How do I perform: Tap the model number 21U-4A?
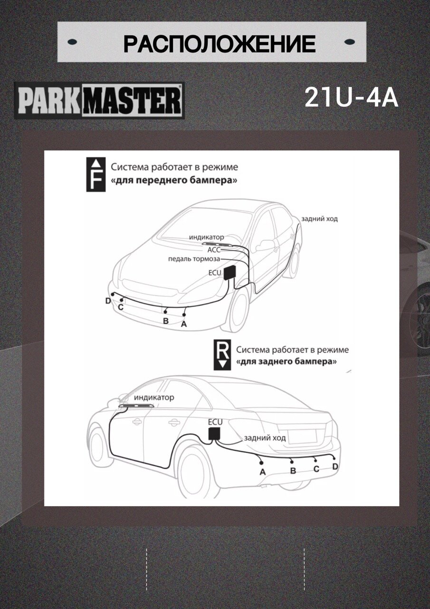pyautogui.click(x=351, y=98)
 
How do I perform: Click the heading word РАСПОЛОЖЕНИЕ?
pyautogui.click(x=219, y=44)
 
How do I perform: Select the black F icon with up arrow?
pyautogui.click(x=96, y=175)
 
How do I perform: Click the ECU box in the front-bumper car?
pyautogui.click(x=230, y=273)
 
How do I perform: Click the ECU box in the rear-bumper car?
pyautogui.click(x=215, y=433)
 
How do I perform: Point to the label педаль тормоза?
pyautogui.click(x=194, y=259)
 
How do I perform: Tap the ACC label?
pyautogui.click(x=214, y=249)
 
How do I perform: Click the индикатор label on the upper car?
pyautogui.click(x=206, y=237)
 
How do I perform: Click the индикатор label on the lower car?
pyautogui.click(x=154, y=397)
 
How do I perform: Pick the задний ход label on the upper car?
pyautogui.click(x=319, y=218)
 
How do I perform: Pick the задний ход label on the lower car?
pyautogui.click(x=265, y=438)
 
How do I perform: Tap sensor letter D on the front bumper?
pyautogui.click(x=108, y=301)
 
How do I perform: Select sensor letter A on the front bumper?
pyautogui.click(x=184, y=324)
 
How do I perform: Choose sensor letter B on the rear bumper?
pyautogui.click(x=293, y=471)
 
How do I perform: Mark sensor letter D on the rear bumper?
pyautogui.click(x=335, y=467)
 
